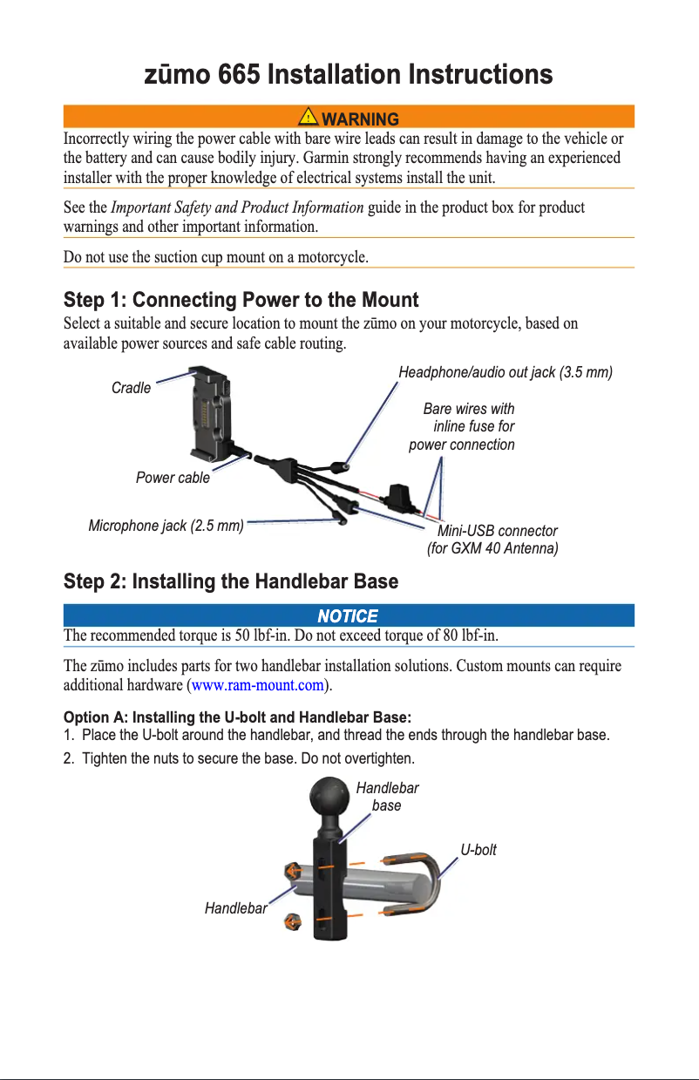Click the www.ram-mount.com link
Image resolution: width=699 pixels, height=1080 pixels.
click(x=257, y=686)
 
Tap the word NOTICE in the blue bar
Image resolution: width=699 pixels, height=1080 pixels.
click(x=348, y=616)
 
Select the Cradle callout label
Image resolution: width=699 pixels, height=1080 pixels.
click(x=131, y=388)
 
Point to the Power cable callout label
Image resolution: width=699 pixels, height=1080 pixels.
click(x=173, y=478)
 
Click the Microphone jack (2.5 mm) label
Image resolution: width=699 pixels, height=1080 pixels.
click(x=166, y=526)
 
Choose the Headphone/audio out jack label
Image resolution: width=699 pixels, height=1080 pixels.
click(x=506, y=373)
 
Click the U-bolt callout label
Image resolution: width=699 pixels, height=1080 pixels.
click(x=478, y=850)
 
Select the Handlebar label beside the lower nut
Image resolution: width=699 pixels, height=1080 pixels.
click(x=235, y=908)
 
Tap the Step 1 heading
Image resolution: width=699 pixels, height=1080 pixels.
click(x=241, y=301)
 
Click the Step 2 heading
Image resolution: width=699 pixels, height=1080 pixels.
click(x=231, y=581)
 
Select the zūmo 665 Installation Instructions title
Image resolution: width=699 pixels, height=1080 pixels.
click(x=348, y=75)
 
